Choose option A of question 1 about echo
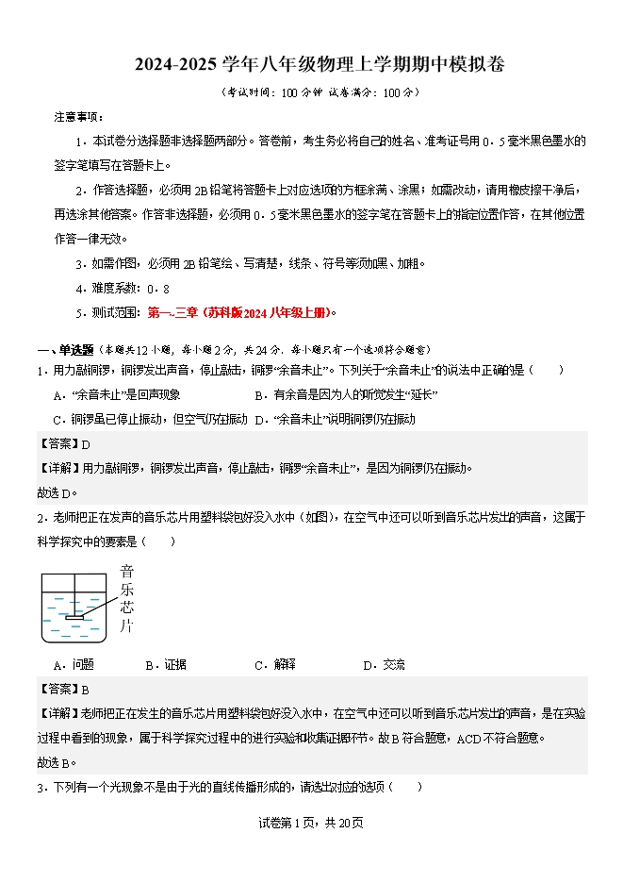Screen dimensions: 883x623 pyautogui.click(x=117, y=394)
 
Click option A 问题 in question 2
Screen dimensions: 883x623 pyautogui.click(x=74, y=665)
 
